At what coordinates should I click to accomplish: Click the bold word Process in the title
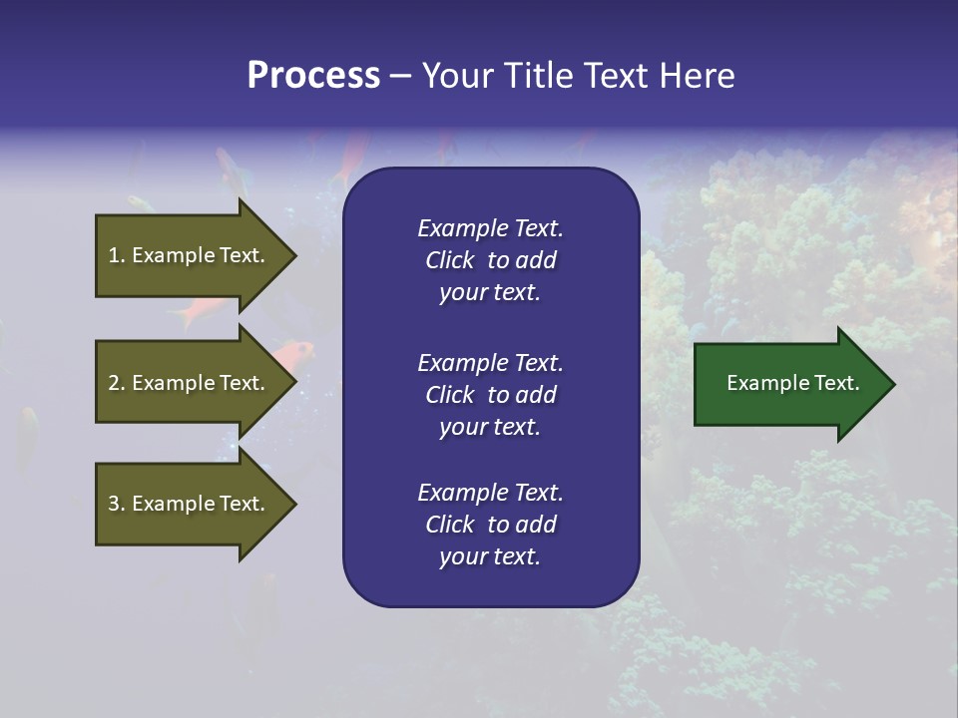[x=313, y=75]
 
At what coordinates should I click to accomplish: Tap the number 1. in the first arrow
[x=117, y=256]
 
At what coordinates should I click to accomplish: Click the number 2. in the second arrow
[x=117, y=384]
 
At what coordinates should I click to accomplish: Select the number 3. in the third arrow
[x=117, y=505]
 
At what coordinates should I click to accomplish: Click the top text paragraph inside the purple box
[x=490, y=260]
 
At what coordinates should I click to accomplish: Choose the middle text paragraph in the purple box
[x=490, y=395]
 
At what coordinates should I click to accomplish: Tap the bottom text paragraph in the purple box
[x=490, y=525]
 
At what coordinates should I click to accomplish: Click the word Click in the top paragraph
[x=449, y=261]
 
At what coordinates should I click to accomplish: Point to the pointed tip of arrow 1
[x=294, y=255]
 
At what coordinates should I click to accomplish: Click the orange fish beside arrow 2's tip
[x=295, y=351]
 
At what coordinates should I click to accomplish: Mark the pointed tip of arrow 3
[x=294, y=504]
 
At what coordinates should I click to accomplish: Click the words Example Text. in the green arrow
[x=792, y=383]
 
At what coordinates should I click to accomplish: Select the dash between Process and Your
[x=400, y=77]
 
